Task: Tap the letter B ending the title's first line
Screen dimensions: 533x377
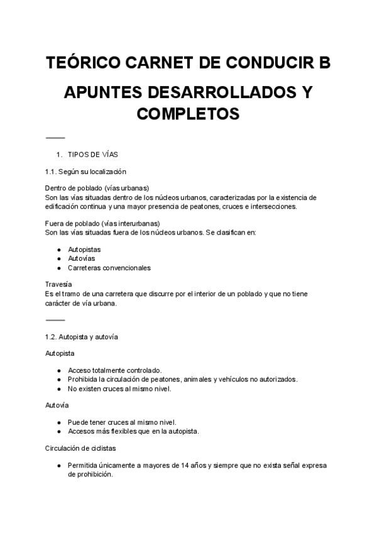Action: (x=324, y=64)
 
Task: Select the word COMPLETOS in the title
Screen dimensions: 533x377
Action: (x=188, y=114)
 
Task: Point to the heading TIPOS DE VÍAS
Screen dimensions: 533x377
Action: (x=93, y=155)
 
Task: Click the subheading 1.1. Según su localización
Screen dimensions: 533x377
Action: (x=85, y=172)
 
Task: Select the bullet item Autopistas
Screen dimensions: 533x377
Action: (x=84, y=250)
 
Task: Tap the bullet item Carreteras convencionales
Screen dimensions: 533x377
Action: (x=109, y=268)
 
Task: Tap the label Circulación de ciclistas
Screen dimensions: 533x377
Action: (x=80, y=449)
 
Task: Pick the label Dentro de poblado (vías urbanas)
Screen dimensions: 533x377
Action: (x=97, y=188)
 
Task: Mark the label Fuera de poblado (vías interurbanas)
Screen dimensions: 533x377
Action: (x=102, y=223)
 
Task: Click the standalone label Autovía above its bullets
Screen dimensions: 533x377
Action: (x=57, y=405)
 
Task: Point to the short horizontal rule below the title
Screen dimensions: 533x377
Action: (x=55, y=138)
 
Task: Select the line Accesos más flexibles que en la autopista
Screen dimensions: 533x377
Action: (x=133, y=431)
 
